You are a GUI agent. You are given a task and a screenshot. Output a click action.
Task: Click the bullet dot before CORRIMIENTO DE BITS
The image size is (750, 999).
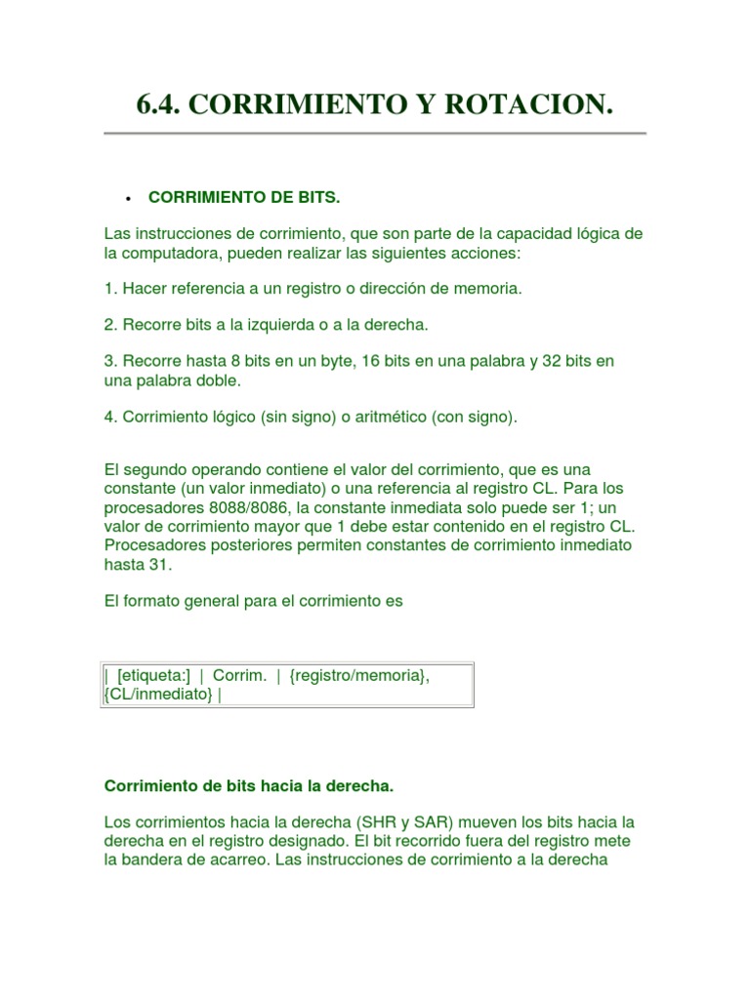point(128,198)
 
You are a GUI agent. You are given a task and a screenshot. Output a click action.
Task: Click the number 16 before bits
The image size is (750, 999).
point(371,361)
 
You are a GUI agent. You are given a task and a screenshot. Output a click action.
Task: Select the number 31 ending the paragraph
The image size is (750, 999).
point(160,565)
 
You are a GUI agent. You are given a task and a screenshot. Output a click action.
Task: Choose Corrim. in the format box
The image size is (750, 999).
point(239,676)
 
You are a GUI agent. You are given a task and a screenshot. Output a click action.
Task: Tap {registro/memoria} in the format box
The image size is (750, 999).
point(359,676)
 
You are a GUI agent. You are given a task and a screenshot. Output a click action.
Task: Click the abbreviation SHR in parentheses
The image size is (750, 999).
point(369,822)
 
